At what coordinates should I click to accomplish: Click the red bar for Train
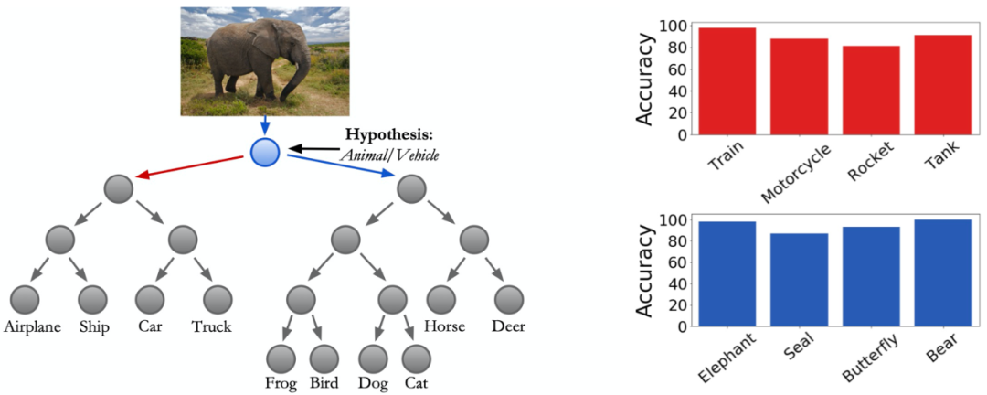click(727, 81)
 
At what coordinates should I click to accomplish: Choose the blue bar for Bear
click(941, 273)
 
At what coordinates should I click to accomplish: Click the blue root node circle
click(265, 152)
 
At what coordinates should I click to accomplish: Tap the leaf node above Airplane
click(25, 300)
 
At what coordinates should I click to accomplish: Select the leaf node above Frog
click(281, 357)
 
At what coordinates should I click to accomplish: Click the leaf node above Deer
click(509, 299)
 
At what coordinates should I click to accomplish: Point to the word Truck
click(212, 326)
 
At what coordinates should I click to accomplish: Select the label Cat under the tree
click(416, 383)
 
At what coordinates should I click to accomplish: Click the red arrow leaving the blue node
click(193, 167)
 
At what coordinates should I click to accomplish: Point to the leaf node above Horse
click(440, 299)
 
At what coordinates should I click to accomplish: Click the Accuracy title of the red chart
click(645, 80)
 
